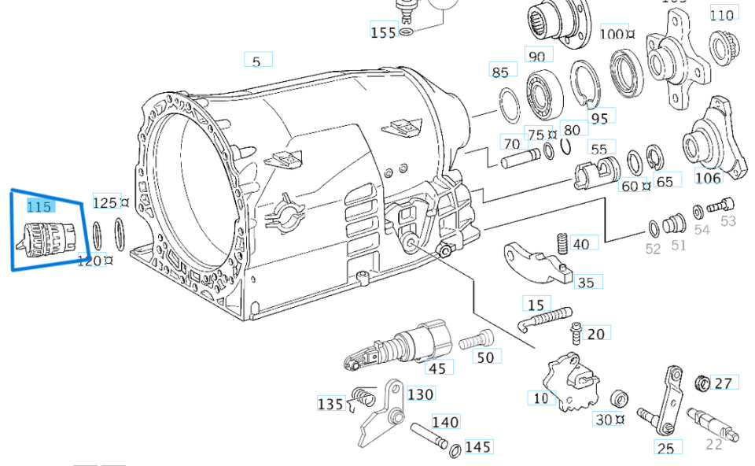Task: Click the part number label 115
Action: point(39,206)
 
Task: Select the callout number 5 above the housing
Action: point(256,61)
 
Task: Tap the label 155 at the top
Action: point(383,32)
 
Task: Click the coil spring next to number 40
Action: point(562,243)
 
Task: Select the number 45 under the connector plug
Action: point(437,368)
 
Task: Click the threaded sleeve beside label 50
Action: point(474,342)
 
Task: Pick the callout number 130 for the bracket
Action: point(421,394)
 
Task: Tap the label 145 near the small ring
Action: point(477,447)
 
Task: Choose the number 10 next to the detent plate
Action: point(540,398)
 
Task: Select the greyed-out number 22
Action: point(713,445)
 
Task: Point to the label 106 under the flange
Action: point(708,178)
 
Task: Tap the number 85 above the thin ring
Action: point(500,72)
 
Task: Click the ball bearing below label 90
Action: point(543,93)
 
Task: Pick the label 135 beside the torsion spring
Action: point(330,404)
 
